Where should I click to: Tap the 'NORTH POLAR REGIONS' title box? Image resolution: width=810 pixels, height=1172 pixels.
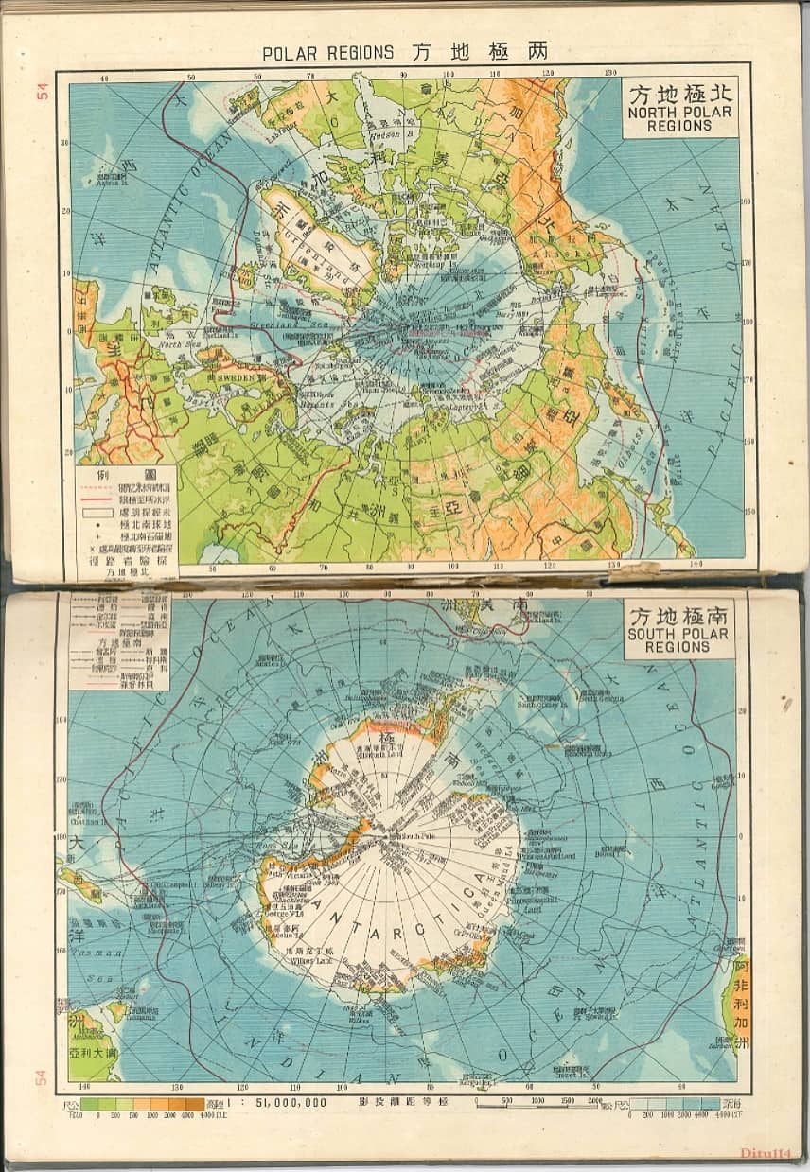(679, 107)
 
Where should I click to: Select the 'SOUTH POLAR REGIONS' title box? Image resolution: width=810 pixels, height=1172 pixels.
(679, 628)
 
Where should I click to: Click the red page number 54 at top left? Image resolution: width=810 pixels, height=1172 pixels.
(42, 91)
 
